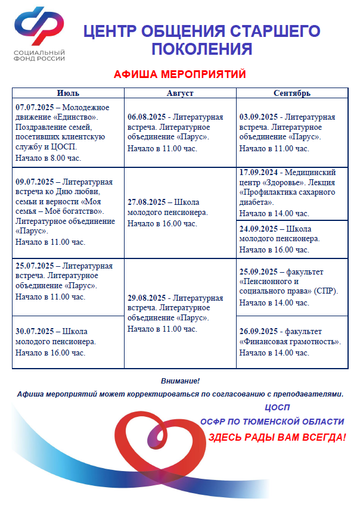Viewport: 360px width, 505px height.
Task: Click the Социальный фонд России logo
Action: pyautogui.click(x=39, y=35)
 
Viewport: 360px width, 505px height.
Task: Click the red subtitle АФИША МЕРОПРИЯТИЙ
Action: pyautogui.click(x=179, y=74)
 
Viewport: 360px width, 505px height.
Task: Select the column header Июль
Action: pyautogui.click(x=68, y=93)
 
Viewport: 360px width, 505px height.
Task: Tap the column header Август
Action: pyautogui.click(x=180, y=93)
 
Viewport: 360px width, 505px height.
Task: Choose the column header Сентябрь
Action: pyautogui.click(x=291, y=93)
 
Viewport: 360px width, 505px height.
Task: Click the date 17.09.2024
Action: pyautogui.click(x=259, y=172)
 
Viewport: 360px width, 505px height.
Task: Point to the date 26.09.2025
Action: pyautogui.click(x=259, y=331)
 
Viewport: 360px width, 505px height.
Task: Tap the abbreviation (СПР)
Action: pyautogui.click(x=327, y=291)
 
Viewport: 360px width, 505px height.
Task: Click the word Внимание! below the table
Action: pyautogui.click(x=180, y=381)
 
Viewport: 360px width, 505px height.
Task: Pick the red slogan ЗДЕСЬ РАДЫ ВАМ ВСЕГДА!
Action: pyautogui.click(x=277, y=437)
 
